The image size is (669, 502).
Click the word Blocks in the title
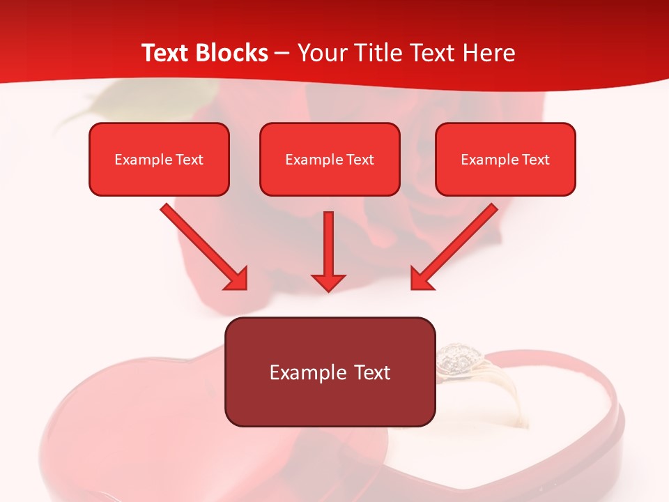point(233,53)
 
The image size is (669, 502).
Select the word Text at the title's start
point(167,53)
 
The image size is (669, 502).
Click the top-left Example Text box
point(159,160)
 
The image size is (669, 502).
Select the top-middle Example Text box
point(330,160)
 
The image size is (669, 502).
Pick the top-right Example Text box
point(505,160)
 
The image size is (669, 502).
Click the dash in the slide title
point(282,54)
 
